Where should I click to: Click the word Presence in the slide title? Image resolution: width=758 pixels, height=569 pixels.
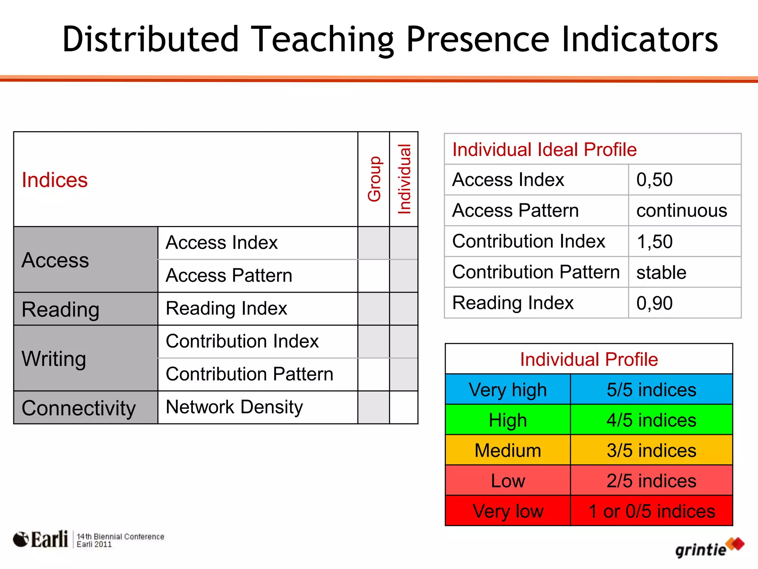point(477,40)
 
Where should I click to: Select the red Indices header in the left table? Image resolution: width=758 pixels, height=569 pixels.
point(55,180)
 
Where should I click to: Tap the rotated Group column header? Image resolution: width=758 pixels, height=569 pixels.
point(374,179)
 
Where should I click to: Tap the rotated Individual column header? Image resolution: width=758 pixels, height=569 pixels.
point(404,179)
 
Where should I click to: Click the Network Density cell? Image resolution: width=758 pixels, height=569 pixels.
point(234,407)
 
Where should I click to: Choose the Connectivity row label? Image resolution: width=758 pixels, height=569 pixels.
point(78,408)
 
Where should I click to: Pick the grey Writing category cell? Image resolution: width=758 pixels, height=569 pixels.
point(54,359)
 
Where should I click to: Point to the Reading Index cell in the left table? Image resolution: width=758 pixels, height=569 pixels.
point(226,309)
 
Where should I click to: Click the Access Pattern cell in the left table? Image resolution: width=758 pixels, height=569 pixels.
point(229,276)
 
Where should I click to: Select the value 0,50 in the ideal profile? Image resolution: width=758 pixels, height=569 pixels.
point(654,180)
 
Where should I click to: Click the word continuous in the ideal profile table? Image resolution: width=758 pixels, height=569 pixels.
point(681,211)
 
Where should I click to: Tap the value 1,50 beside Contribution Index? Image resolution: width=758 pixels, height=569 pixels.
point(654,242)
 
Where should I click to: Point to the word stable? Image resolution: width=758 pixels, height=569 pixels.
point(661,272)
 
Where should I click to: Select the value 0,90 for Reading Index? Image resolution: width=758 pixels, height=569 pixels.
point(654,303)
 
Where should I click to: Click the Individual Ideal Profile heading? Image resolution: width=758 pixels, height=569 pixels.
point(544,150)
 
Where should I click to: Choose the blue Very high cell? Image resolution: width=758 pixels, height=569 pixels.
point(508,390)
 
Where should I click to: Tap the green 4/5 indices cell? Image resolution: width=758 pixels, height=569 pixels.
point(651,420)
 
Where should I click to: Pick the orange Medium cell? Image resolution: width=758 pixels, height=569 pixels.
point(508,450)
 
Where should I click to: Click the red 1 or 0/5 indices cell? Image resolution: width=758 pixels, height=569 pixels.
point(651,511)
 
